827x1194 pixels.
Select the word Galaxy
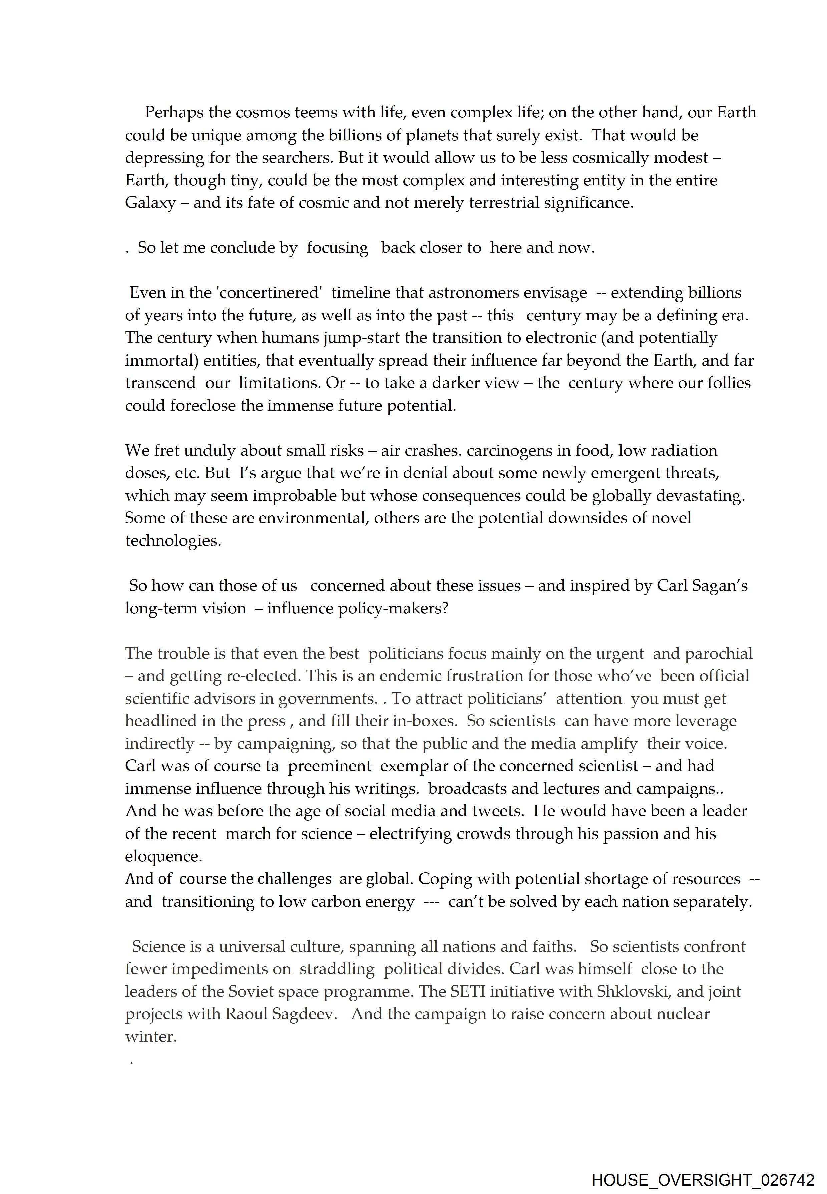click(150, 203)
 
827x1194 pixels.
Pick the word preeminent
click(330, 766)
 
